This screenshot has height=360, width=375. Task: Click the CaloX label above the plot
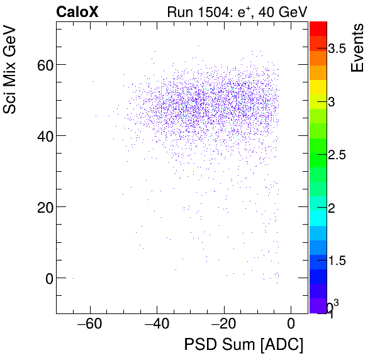(x=78, y=12)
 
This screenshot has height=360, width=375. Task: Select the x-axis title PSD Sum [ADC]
(x=243, y=346)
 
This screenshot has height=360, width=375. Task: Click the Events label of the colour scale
(x=357, y=48)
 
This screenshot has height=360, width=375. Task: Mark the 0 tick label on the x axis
(x=291, y=325)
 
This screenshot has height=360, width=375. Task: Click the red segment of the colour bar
(x=318, y=28)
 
